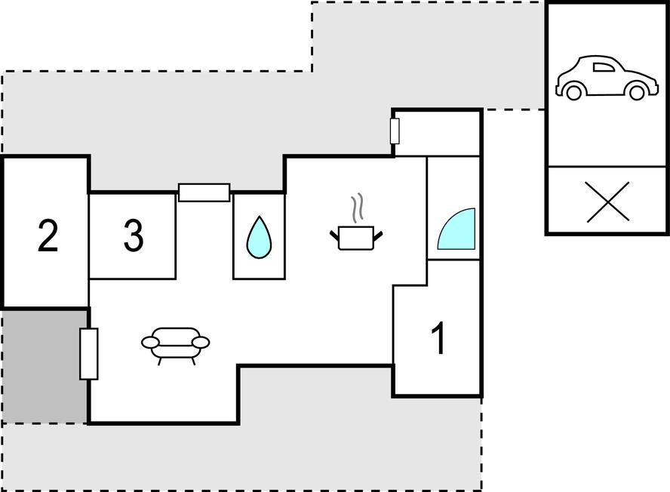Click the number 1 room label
click(439, 338)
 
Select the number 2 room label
click(48, 235)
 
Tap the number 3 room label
click(134, 235)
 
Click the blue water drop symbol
click(259, 238)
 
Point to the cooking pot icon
click(356, 238)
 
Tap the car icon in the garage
click(607, 78)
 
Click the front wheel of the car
click(637, 92)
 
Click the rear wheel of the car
click(573, 92)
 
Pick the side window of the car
click(603, 67)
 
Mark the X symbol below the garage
click(607, 201)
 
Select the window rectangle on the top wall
click(204, 192)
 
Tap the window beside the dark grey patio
click(89, 354)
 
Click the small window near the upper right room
click(395, 131)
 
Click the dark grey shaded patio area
click(45, 367)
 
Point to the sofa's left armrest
click(150, 343)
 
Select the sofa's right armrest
click(201, 343)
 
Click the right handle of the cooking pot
click(378, 235)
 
